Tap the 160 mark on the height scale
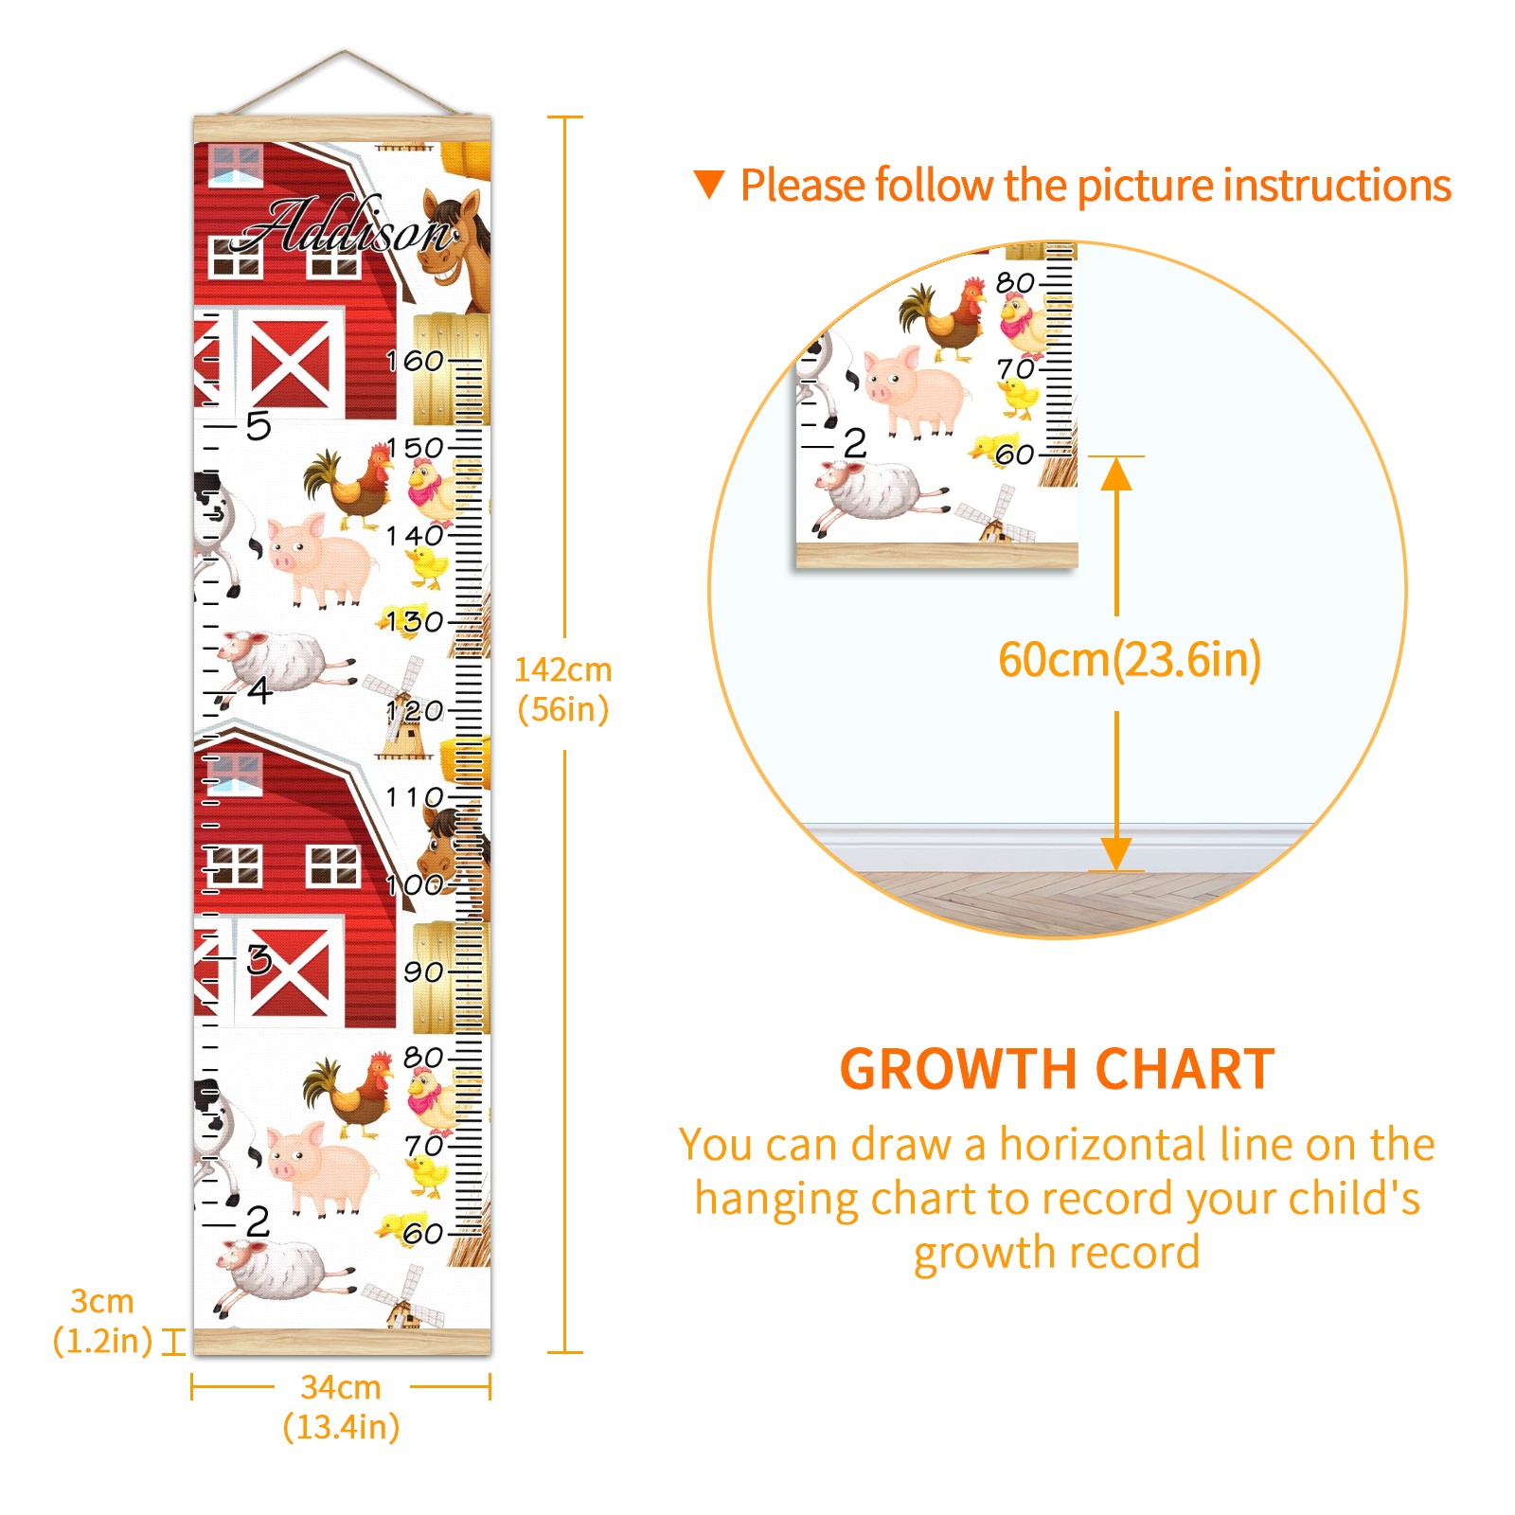tap(415, 361)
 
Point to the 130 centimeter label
tap(415, 622)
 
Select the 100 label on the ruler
tap(415, 884)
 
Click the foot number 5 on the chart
tap(258, 426)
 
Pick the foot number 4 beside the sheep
tap(259, 690)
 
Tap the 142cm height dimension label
tap(562, 689)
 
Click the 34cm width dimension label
tap(341, 1407)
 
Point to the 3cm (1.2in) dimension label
tap(102, 1321)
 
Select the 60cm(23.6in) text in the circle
tap(1130, 660)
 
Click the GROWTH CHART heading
tap(1057, 1070)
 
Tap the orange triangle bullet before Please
tap(709, 184)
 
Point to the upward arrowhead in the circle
tap(1116, 474)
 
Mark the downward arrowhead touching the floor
tap(1116, 854)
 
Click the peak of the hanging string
tap(345, 51)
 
